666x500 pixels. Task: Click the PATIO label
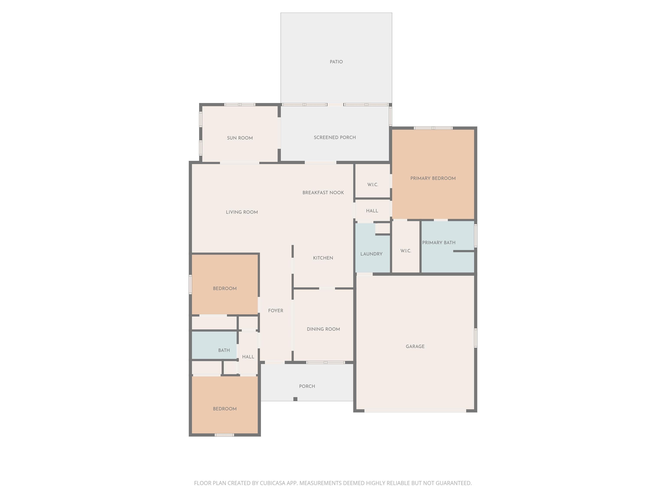pos(336,62)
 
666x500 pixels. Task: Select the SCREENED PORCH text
pos(335,137)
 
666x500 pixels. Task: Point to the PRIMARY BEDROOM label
pos(433,178)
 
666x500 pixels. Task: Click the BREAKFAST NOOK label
pos(323,192)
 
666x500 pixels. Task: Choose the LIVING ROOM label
pos(242,212)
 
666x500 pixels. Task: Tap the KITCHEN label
pos(323,258)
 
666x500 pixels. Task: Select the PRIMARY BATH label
pos(439,243)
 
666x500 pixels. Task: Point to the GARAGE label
pos(415,347)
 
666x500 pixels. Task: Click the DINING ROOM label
pos(323,329)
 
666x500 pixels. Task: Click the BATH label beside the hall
pos(224,350)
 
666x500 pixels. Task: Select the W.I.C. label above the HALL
pos(372,185)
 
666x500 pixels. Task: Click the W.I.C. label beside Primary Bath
pos(406,251)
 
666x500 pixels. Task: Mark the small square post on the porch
pos(295,399)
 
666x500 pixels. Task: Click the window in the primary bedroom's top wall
pos(433,128)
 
